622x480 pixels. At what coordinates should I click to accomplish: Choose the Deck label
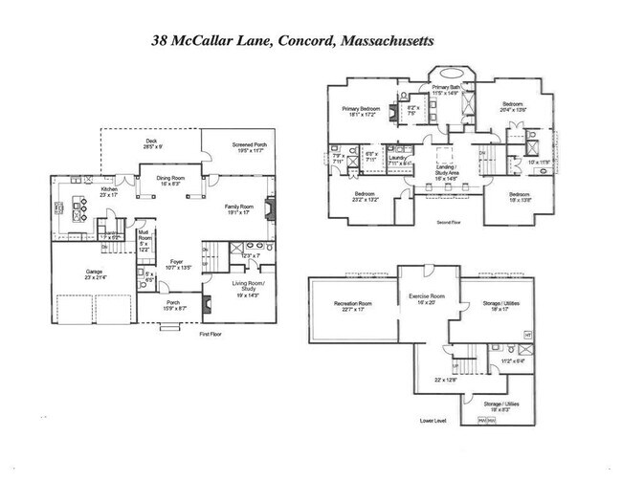(150, 141)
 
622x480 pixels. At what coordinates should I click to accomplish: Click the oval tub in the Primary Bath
(447, 76)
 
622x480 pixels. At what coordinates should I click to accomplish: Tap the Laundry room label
(398, 159)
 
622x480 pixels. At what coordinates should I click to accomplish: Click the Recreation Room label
(352, 304)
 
